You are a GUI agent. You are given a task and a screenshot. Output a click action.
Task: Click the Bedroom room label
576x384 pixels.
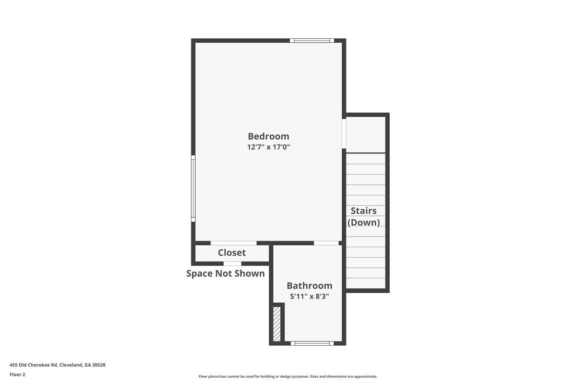pos(268,136)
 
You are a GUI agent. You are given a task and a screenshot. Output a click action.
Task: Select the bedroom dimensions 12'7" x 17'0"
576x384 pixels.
pos(268,147)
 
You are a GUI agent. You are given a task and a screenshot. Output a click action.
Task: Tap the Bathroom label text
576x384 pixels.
pos(309,286)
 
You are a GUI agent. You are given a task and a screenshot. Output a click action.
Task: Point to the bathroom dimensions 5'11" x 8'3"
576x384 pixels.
pos(309,297)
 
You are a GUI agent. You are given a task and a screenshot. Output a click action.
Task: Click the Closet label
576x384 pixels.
pos(232,252)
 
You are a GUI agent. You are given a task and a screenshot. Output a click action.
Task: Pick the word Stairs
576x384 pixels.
pos(364,211)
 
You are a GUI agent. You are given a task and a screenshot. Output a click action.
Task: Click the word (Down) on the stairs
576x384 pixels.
pos(364,222)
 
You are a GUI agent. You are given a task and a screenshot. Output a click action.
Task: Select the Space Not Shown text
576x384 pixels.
pos(226,274)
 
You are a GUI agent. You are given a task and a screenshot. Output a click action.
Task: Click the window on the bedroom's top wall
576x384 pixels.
pos(312,40)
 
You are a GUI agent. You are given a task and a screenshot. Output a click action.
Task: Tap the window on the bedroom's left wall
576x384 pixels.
pos(193,188)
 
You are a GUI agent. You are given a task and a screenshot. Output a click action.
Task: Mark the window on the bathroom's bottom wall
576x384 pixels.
pos(312,343)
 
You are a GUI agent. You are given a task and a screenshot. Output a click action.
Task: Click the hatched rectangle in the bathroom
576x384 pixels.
pos(276,324)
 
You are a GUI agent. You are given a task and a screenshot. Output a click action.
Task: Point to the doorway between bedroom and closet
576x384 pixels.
pos(233,243)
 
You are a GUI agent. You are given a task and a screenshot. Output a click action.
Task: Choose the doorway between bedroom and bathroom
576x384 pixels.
pos(326,243)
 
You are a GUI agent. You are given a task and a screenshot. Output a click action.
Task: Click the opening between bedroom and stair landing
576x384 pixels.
pos(344,134)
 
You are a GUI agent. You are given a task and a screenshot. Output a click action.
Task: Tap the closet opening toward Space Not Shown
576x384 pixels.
pos(232,264)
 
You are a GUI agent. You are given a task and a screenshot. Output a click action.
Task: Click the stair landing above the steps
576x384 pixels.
pos(366,135)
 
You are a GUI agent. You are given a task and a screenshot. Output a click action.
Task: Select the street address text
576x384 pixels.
pos(58,365)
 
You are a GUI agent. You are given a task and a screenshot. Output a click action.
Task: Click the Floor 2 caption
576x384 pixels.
pos(17,374)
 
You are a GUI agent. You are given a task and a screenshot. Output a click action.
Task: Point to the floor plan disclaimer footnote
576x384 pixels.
pos(288,376)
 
